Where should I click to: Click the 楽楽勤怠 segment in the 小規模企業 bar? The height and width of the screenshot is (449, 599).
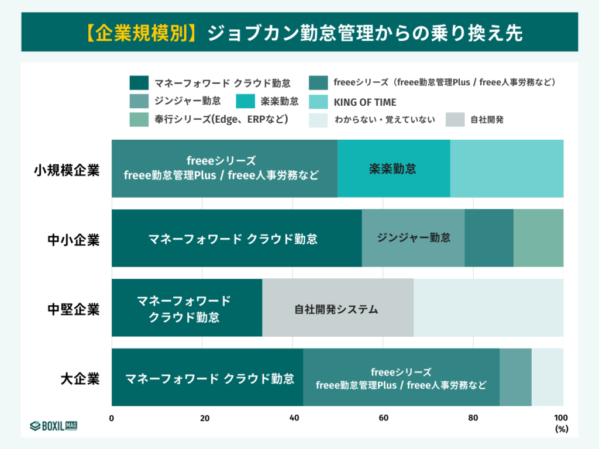tap(393, 169)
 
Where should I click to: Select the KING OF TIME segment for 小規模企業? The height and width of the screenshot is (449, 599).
tap(507, 169)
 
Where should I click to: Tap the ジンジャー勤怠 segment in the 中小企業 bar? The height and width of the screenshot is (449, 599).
tap(413, 238)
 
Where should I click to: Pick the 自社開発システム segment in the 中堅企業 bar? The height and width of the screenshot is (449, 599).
tap(338, 308)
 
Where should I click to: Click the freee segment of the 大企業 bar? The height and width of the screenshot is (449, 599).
tap(401, 378)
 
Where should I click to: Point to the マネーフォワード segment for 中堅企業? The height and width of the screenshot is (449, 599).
tap(187, 308)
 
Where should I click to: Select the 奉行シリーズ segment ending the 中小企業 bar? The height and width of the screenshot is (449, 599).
tap(538, 238)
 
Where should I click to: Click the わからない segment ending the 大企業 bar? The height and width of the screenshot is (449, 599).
tap(547, 378)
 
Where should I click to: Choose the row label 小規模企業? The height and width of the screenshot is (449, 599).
tap(66, 170)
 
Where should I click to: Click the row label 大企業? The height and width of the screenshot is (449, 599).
tap(80, 378)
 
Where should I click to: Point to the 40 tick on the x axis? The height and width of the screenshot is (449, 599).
tap(293, 418)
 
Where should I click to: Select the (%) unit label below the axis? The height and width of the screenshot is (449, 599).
tap(560, 429)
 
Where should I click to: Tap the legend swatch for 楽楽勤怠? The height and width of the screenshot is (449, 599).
tap(247, 101)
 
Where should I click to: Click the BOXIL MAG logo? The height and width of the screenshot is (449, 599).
tap(54, 425)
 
